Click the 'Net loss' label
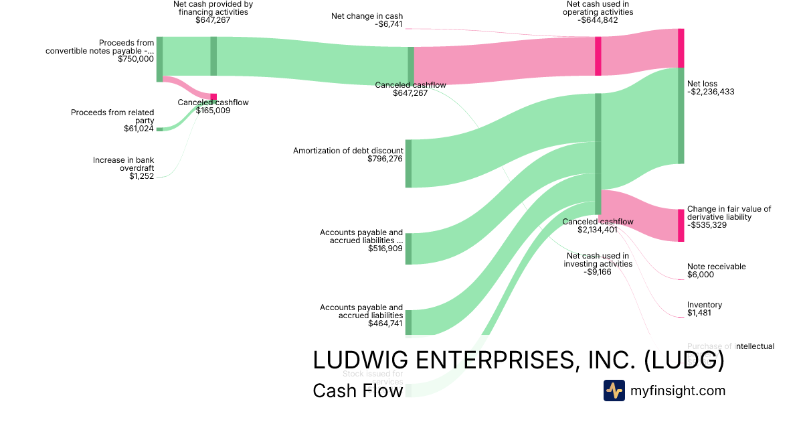pos(702,84)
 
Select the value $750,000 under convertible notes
pos(135,59)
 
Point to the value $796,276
pos(385,159)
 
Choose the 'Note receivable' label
pos(716,267)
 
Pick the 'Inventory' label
pos(704,305)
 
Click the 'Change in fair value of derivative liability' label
pos(729,213)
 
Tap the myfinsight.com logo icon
pos(614,391)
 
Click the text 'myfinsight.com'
pos(678,391)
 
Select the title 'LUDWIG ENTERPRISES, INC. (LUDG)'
pos(518,360)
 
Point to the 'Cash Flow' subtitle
pos(357,391)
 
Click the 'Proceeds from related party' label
pos(112,117)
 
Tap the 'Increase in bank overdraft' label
pos(123,164)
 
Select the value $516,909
pos(385,249)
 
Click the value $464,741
pos(385,324)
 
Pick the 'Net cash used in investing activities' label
pos(598,260)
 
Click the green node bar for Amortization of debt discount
pos(408,163)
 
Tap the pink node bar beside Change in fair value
pos(681,226)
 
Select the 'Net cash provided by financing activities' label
pos(212,8)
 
